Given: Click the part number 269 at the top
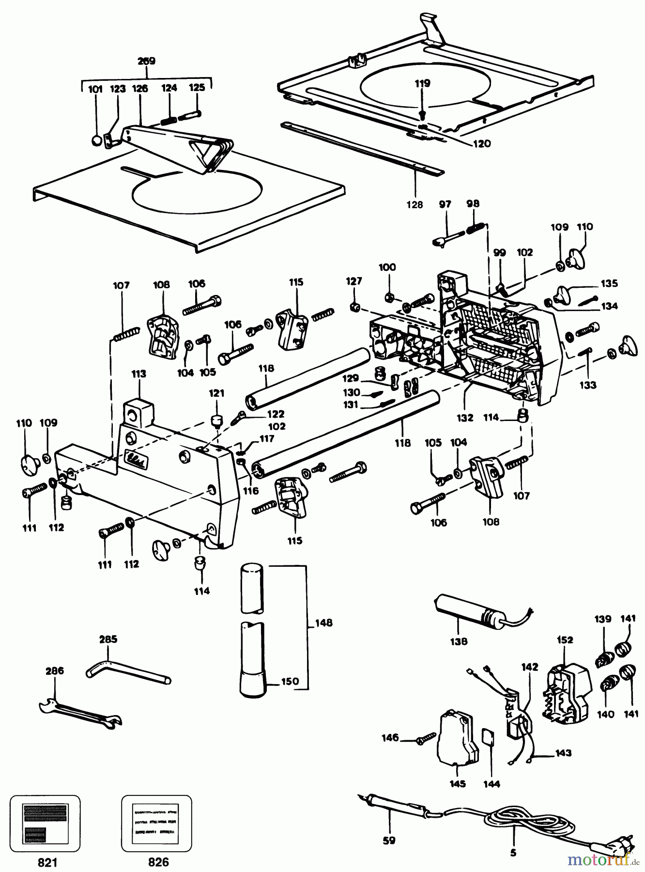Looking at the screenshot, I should coord(146,61).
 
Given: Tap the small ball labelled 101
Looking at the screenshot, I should coord(96,140).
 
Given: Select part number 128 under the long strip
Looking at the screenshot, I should coord(415,205).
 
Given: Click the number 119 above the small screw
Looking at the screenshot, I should coord(422,83).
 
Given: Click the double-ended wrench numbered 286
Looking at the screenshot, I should coord(79,713).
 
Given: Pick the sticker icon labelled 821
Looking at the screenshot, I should coord(46,823).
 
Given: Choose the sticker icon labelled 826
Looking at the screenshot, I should coord(156,823).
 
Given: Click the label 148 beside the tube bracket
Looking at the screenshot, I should coord(323,623).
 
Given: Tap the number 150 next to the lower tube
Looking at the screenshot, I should coord(290,682).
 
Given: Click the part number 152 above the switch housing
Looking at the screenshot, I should coord(565,640).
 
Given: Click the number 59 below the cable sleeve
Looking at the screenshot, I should coord(389,841).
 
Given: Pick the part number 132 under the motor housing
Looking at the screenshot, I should coord(465,417).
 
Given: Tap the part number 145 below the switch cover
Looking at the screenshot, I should coord(458,784).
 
